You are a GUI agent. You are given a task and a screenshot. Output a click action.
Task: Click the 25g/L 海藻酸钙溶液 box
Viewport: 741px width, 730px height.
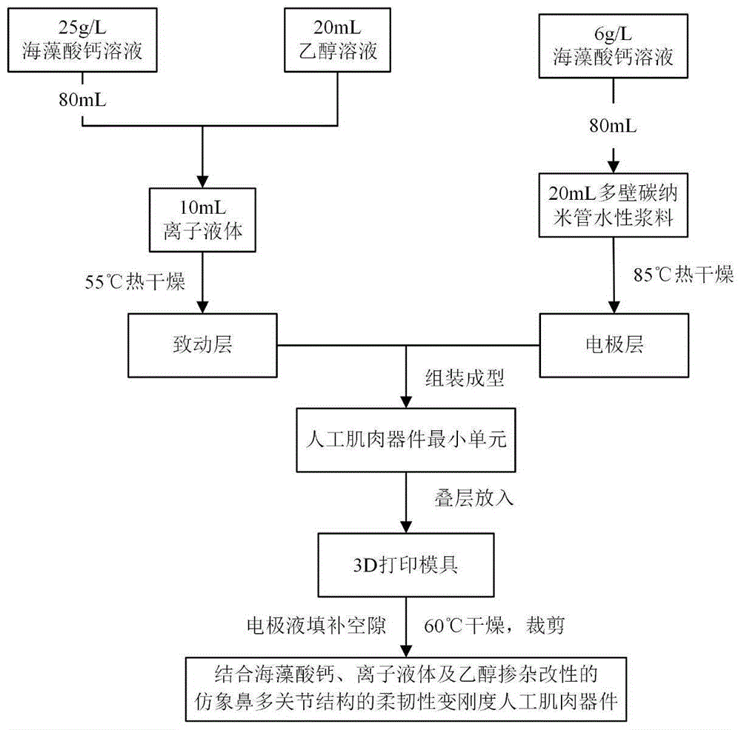(x=82, y=41)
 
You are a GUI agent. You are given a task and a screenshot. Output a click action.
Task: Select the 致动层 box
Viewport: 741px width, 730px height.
(x=202, y=344)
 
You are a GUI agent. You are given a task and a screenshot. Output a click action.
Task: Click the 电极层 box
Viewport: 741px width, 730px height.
(x=612, y=344)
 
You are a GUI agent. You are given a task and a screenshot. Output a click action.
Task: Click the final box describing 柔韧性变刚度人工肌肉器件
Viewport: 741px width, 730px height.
(x=406, y=687)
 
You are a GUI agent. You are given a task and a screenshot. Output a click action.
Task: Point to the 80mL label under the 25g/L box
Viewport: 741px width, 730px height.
(x=82, y=98)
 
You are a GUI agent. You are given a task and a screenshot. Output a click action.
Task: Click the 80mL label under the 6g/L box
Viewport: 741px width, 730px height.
(x=613, y=126)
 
